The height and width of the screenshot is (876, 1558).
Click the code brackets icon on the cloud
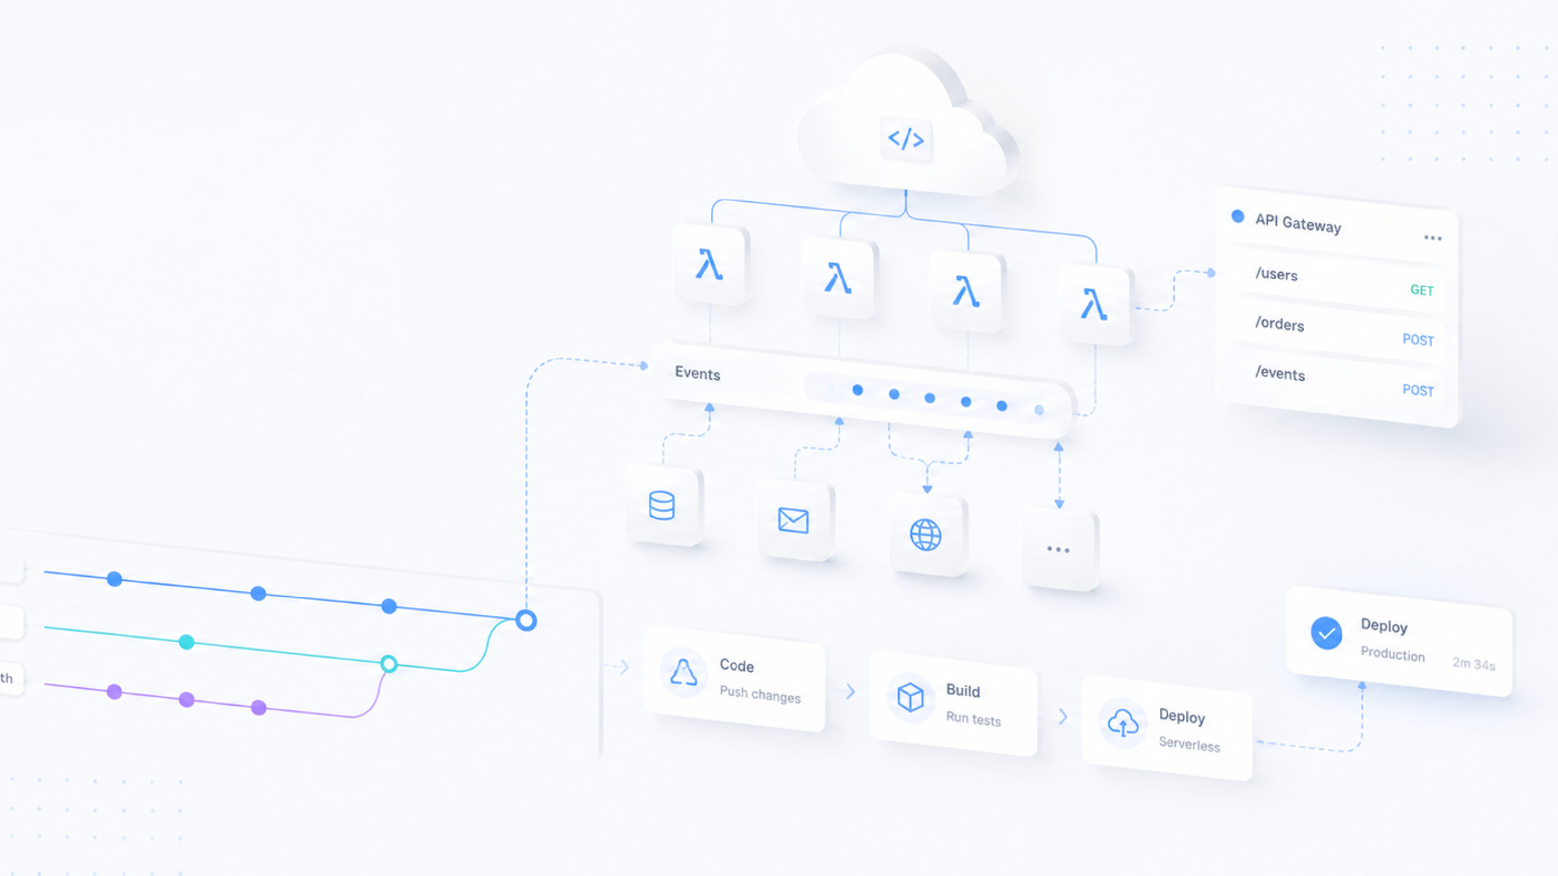905,139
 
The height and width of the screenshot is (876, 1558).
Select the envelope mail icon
793,520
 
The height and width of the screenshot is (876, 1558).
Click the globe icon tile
926,534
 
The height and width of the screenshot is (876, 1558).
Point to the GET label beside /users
1422,290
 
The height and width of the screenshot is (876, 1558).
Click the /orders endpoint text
1280,324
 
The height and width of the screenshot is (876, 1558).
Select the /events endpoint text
1280,374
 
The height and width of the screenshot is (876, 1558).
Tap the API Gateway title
1298,223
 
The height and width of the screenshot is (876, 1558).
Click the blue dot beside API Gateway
1237,216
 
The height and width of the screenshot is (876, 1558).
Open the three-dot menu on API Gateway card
1433,237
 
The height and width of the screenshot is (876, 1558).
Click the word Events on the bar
697,374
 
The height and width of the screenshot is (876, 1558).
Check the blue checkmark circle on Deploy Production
1327,633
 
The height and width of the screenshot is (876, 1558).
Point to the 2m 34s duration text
1474,663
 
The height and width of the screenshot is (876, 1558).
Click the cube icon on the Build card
910,697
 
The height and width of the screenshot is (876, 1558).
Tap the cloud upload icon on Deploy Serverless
1123,722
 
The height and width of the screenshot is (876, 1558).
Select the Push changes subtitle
760,694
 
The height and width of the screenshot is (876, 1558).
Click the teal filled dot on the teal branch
186,642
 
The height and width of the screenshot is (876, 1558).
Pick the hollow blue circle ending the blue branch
526,620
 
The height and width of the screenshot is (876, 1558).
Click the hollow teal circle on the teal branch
389,664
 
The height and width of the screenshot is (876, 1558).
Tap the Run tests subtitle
973,718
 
